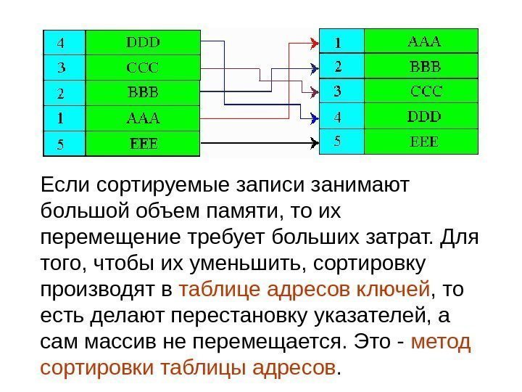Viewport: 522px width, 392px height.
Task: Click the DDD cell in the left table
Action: point(143,42)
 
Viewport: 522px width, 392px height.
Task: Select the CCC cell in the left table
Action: point(143,68)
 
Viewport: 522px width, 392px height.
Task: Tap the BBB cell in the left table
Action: point(143,93)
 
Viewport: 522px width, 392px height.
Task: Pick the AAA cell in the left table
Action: point(143,118)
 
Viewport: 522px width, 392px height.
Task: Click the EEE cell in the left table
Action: point(143,143)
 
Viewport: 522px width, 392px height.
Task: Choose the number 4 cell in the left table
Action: point(64,42)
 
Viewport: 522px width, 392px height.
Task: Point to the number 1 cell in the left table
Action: point(64,118)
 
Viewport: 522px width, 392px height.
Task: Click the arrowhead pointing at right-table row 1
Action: point(313,43)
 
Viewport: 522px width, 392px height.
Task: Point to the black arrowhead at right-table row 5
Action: point(313,142)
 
